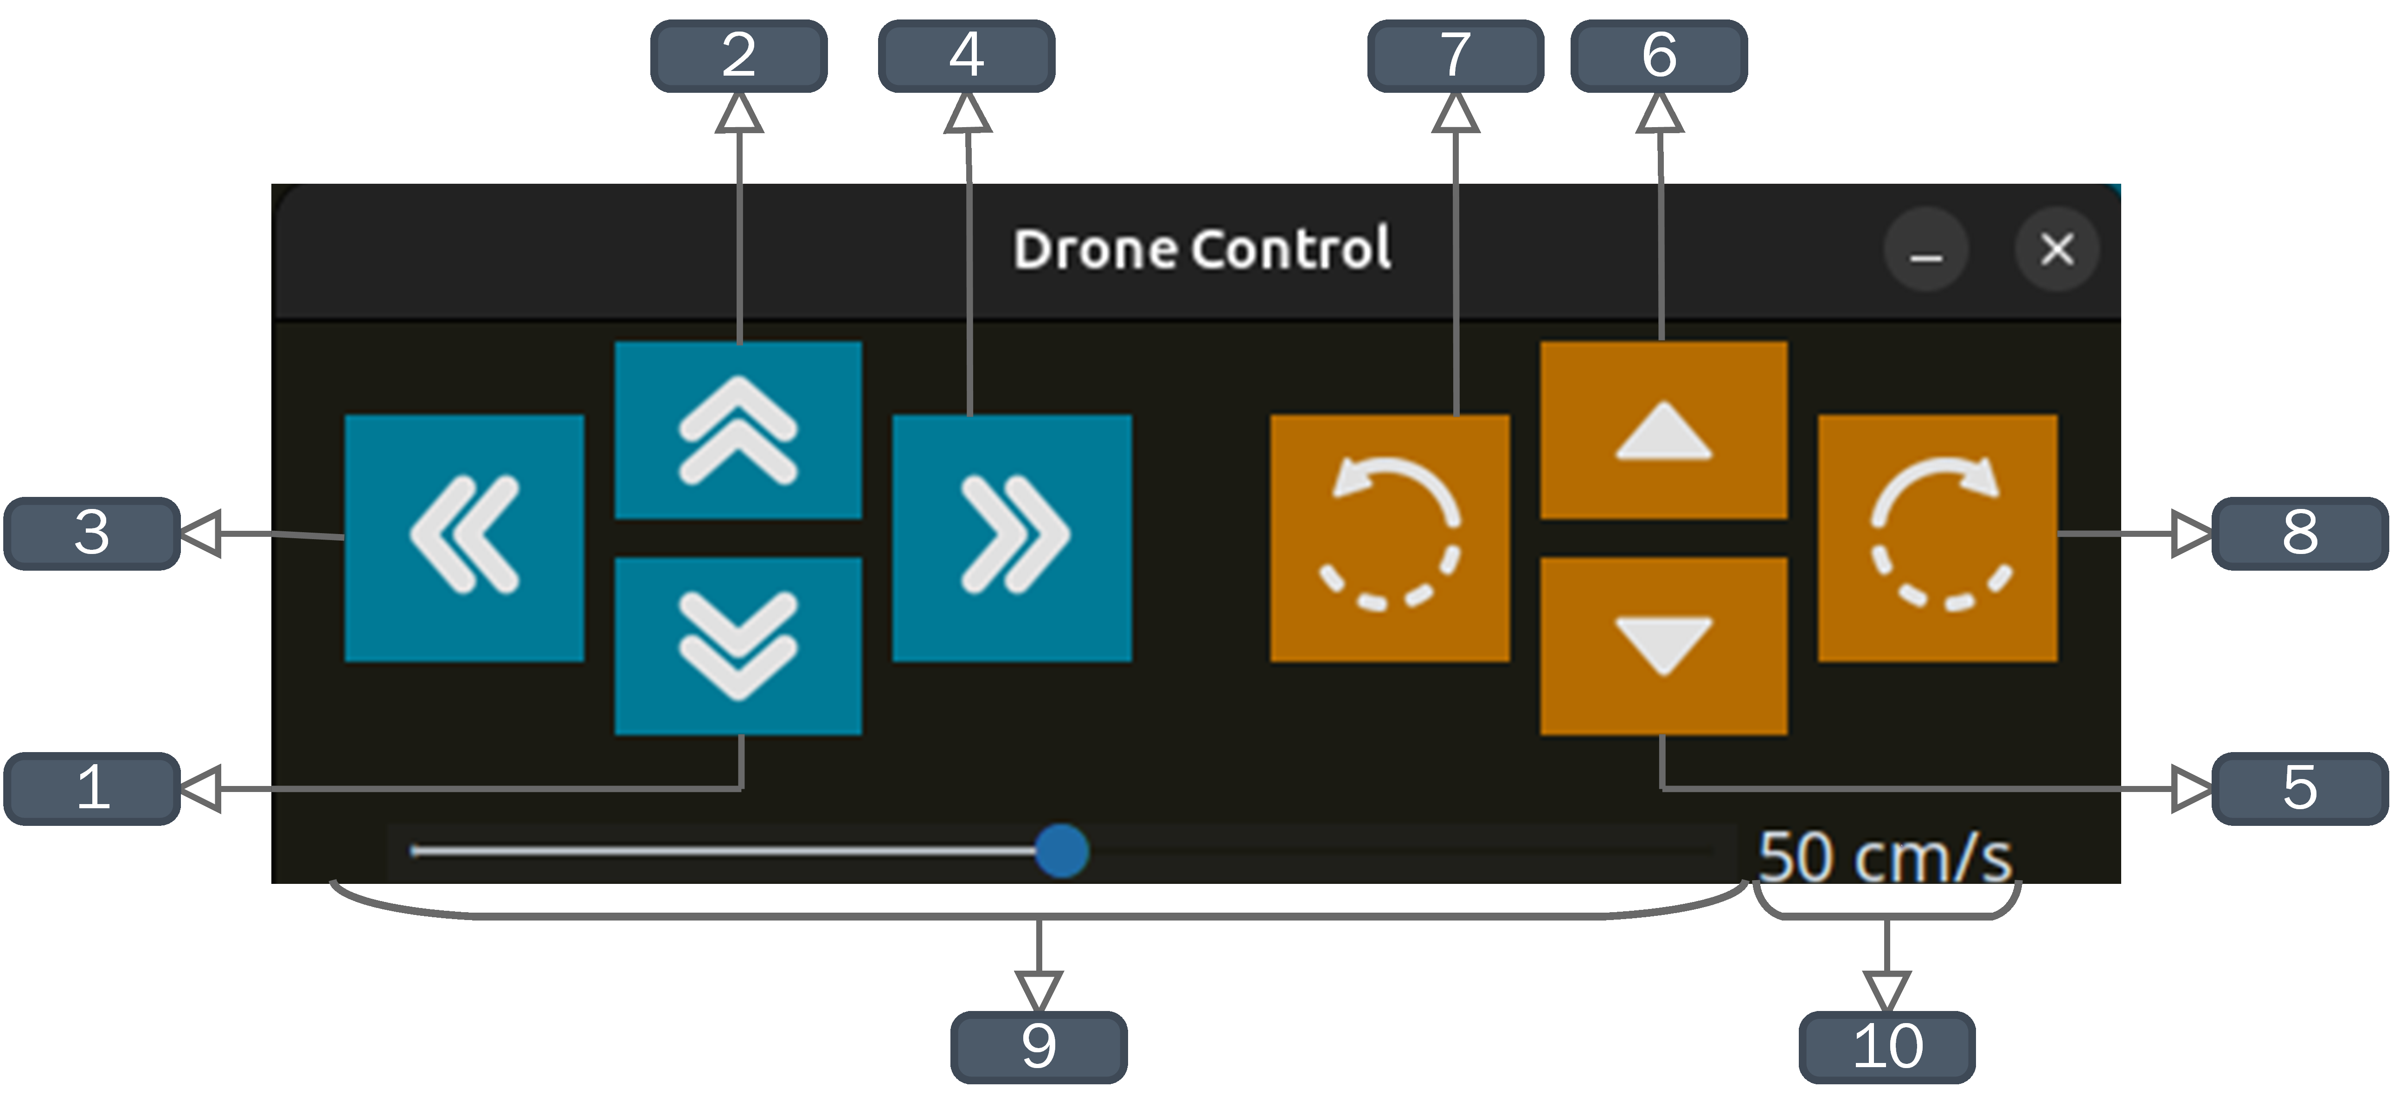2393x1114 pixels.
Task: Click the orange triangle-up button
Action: pyautogui.click(x=1663, y=430)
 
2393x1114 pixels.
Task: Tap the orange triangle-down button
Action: pyautogui.click(x=1663, y=646)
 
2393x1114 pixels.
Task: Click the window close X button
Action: pyautogui.click(x=2057, y=249)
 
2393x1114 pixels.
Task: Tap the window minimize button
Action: pyautogui.click(x=1926, y=249)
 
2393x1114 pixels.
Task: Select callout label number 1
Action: pyautogui.click(x=92, y=788)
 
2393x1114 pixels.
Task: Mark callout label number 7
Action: pyautogui.click(x=1455, y=56)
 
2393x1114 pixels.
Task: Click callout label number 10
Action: pyautogui.click(x=1887, y=1046)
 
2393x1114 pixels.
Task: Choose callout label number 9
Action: pyautogui.click(x=1039, y=1046)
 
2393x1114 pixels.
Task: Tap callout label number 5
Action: pyautogui.click(x=2299, y=788)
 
